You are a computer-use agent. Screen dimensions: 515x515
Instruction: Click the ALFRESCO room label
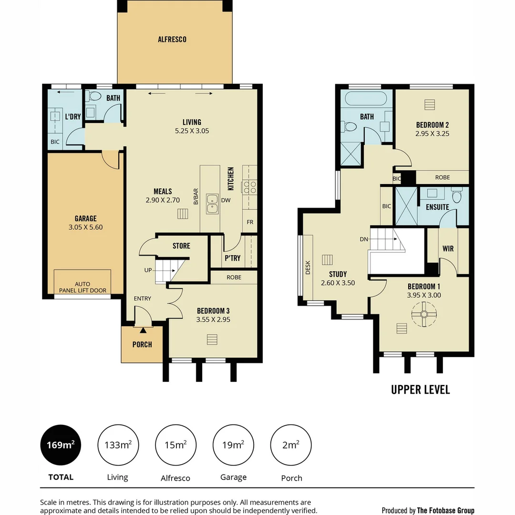point(172,40)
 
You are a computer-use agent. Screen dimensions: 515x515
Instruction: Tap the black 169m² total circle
point(61,445)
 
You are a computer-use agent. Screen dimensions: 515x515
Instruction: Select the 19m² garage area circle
point(233,445)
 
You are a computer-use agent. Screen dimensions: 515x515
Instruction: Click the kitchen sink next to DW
point(212,204)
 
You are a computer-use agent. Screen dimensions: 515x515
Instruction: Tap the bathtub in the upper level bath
point(366,100)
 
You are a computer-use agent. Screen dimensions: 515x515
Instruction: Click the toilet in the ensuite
point(457,196)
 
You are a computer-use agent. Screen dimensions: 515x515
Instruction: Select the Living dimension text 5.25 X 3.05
point(192,131)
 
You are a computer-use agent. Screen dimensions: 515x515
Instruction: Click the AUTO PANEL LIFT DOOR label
point(82,288)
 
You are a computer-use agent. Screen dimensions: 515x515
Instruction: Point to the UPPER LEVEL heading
point(420,390)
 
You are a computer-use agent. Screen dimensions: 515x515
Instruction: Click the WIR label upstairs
point(448,249)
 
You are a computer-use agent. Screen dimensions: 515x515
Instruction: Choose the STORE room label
point(181,246)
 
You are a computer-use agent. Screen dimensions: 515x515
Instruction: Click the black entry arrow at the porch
point(143,330)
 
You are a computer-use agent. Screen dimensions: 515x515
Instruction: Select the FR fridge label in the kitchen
point(250,222)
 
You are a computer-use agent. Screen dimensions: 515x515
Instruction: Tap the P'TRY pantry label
point(232,258)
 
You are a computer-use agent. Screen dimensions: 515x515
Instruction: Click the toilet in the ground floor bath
point(95,96)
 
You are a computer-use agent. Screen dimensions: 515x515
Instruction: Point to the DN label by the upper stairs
point(364,239)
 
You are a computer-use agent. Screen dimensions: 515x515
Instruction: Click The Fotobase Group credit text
point(445,510)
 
